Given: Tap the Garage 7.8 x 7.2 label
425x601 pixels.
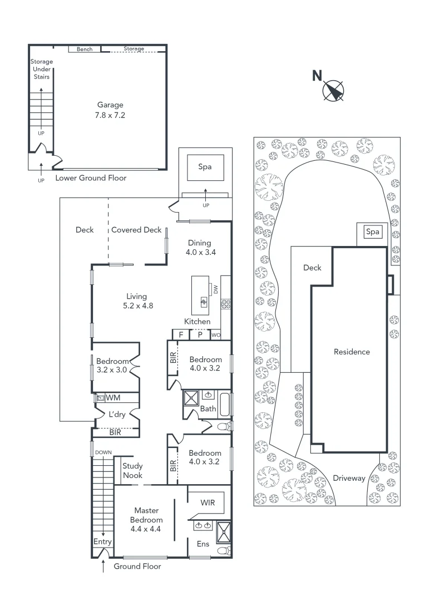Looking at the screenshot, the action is [x=110, y=110].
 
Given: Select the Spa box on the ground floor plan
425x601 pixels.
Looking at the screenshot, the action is [x=205, y=166].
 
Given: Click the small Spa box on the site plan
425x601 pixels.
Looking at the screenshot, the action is [x=373, y=231].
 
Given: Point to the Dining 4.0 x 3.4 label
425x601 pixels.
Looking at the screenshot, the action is [x=199, y=247].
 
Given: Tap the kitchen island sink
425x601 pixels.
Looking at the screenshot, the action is [x=204, y=302].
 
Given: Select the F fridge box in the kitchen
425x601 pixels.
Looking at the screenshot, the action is [x=180, y=334].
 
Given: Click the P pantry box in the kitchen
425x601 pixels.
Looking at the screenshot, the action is [x=199, y=334].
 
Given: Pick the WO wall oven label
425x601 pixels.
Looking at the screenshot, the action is [x=216, y=335].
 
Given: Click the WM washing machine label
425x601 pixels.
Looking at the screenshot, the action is [x=113, y=398].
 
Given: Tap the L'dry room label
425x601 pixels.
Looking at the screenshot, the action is [x=117, y=414].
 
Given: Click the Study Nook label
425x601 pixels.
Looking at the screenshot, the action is [x=132, y=471].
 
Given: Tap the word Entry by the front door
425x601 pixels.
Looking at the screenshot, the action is [x=102, y=541].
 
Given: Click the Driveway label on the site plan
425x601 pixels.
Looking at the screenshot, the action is [x=349, y=478].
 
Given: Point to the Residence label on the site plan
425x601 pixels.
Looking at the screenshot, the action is [x=352, y=352].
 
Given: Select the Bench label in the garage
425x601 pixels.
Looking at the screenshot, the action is [x=85, y=50].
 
